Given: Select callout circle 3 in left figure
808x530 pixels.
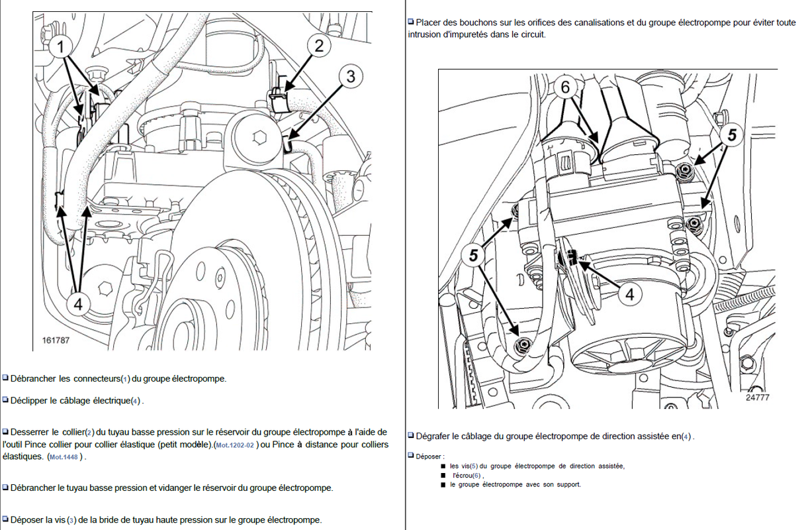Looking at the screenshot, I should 350,76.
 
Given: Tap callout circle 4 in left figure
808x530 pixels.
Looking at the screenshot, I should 78,304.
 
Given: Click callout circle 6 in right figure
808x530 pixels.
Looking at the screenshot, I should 565,87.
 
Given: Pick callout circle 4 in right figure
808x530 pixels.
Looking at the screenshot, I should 629,293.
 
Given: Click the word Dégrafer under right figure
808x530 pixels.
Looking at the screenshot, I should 436,436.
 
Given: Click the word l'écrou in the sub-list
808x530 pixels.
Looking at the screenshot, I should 467,475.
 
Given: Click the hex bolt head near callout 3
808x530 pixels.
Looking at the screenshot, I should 259,138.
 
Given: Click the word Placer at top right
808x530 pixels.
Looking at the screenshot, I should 429,23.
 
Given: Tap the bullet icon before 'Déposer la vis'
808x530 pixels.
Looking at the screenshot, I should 5,519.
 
